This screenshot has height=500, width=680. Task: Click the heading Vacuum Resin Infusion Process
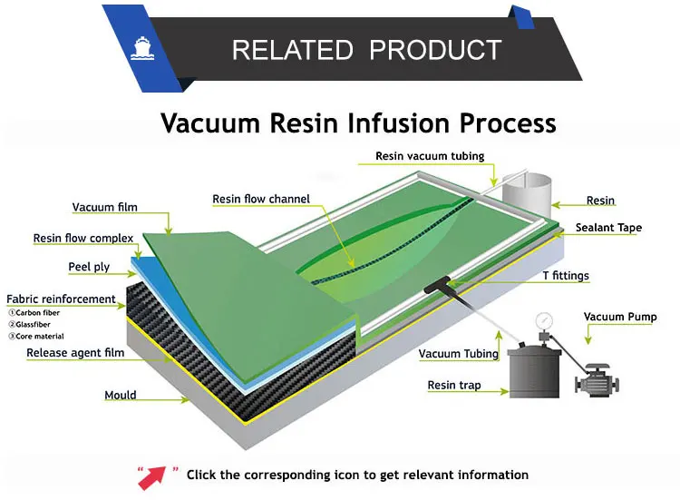(358, 123)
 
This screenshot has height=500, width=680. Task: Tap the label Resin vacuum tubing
(430, 156)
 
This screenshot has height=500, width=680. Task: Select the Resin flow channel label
(261, 199)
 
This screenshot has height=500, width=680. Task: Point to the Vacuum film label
(105, 208)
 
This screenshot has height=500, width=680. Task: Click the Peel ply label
(90, 268)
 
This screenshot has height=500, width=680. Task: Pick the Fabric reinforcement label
(62, 299)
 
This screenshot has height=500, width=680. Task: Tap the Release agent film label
(75, 353)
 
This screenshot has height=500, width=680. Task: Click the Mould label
(120, 396)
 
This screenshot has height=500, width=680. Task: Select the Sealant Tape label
(611, 229)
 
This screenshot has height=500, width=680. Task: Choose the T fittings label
(565, 276)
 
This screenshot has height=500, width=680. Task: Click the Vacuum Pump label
(620, 317)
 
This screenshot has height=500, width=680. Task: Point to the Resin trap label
(454, 386)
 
